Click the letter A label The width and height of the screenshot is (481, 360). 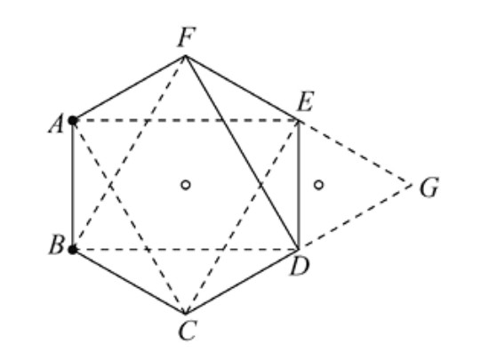click(x=55, y=124)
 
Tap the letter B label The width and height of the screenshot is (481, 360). click(x=55, y=246)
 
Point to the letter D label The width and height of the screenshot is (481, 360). click(x=299, y=266)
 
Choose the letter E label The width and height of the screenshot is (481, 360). click(x=306, y=103)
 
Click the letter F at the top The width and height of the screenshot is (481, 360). click(x=187, y=37)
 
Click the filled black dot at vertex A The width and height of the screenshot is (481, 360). click(x=73, y=120)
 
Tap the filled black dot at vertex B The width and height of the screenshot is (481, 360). click(x=73, y=250)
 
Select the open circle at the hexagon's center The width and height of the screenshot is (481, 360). click(x=185, y=185)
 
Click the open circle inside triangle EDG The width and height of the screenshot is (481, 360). click(x=318, y=185)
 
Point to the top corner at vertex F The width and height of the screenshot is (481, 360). click(x=185, y=56)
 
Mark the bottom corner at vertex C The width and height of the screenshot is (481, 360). click(x=185, y=314)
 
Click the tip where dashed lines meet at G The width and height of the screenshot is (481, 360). click(x=413, y=185)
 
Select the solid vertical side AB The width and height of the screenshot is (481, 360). click(x=73, y=185)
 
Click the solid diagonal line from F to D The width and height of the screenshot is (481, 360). click(x=242, y=153)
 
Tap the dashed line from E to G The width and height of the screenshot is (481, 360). click(x=356, y=153)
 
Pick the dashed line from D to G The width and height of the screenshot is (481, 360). click(x=356, y=217)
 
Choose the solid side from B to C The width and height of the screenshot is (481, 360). click(x=129, y=282)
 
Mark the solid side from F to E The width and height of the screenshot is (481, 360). click(x=242, y=88)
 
